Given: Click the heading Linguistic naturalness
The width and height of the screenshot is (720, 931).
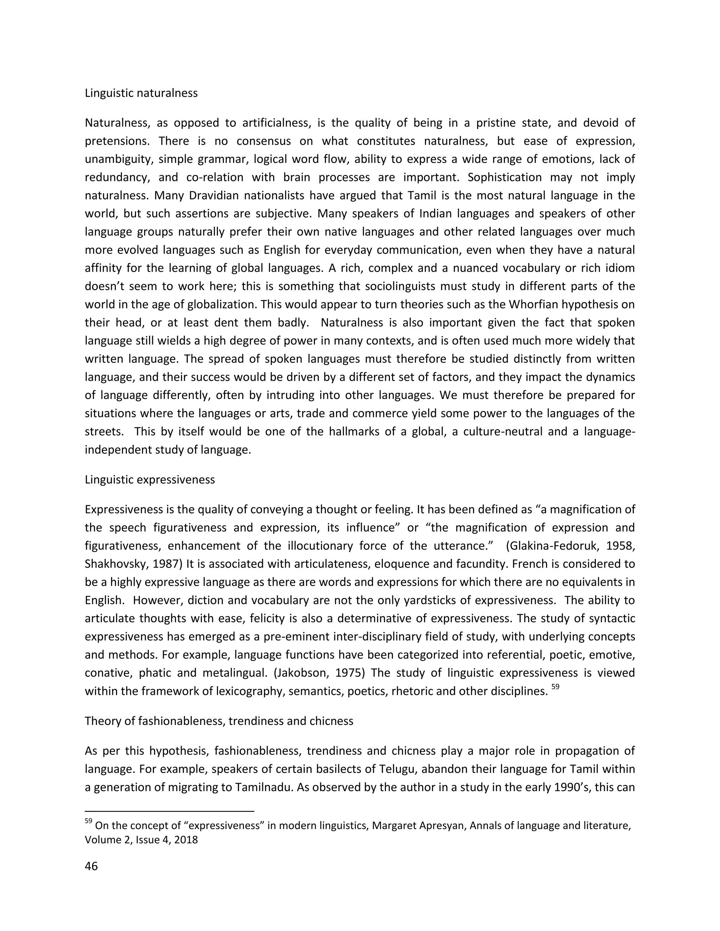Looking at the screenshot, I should (x=141, y=93).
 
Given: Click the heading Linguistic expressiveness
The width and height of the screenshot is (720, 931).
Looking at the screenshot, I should (x=150, y=480).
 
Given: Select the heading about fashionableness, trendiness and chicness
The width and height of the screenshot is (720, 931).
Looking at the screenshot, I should (x=219, y=721).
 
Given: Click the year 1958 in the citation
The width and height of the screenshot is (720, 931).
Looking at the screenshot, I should (x=621, y=546).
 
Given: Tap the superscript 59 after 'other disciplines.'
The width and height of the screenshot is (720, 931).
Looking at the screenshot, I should (x=555, y=687).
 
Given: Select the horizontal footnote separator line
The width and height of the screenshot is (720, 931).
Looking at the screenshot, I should (x=169, y=811).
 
